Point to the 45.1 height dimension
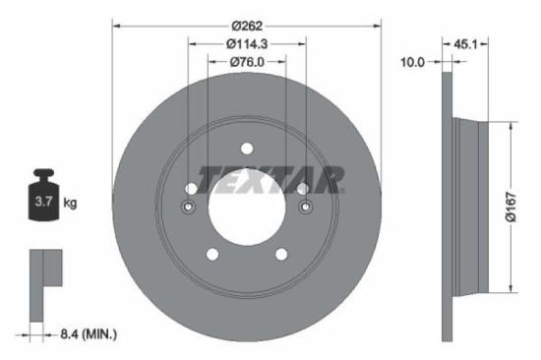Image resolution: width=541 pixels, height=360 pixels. (x=469, y=43)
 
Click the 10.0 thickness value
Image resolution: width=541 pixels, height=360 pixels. (x=412, y=62)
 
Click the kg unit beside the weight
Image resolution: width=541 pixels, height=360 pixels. (x=70, y=204)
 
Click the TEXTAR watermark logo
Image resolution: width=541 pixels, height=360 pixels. (x=272, y=178)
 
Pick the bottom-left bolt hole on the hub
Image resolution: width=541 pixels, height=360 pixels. (x=211, y=255)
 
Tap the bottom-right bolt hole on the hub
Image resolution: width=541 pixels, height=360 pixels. (x=282, y=255)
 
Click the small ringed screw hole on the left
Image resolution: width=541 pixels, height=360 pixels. (x=190, y=207)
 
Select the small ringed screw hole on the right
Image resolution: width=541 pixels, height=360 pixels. (x=305, y=207)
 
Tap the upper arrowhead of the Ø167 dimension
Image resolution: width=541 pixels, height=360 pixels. (x=511, y=126)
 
